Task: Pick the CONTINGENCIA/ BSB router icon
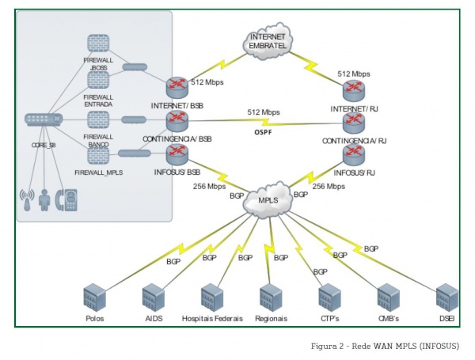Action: (x=176, y=120)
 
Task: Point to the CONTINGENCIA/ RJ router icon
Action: (x=353, y=122)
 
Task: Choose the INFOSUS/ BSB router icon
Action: (x=176, y=153)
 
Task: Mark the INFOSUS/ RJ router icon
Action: (x=353, y=153)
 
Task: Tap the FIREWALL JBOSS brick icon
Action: (x=98, y=44)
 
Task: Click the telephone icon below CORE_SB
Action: (x=71, y=199)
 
